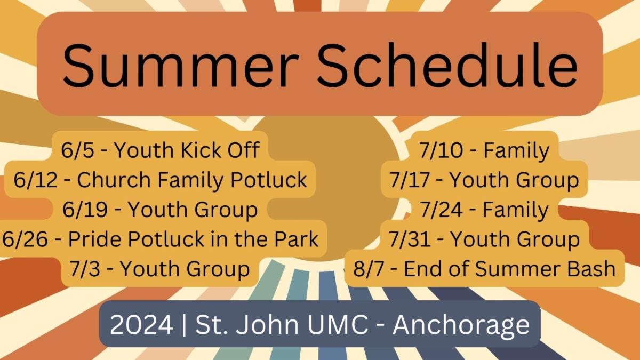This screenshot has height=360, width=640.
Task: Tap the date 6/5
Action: [x=77, y=150]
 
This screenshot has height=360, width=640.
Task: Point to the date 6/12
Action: [x=35, y=180]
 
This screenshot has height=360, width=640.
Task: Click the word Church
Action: [x=114, y=180]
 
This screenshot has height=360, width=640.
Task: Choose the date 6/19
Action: [x=85, y=210]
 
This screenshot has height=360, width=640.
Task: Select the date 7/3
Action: [x=85, y=269]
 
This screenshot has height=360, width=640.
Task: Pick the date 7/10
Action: [x=441, y=150]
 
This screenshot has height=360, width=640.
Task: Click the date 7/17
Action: [x=410, y=180]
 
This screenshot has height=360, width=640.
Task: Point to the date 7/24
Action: [x=442, y=210]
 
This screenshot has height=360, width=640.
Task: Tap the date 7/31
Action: [x=410, y=239]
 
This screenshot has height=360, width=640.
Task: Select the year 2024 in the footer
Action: [x=141, y=325]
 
